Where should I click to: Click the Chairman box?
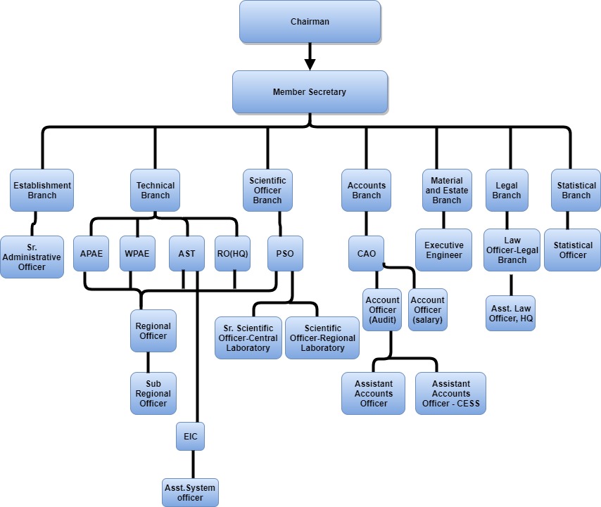[310, 21]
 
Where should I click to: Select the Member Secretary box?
[310, 92]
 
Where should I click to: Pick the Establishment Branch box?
[42, 191]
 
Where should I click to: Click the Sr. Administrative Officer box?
[32, 257]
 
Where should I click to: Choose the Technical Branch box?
[155, 191]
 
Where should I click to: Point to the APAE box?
[91, 254]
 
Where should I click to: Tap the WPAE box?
[137, 254]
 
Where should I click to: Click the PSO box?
[286, 254]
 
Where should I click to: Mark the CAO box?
[366, 254]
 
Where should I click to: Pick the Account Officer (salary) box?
[428, 309]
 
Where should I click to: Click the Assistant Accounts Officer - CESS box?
[450, 393]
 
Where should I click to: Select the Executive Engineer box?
[444, 250]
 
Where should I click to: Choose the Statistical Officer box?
[573, 250]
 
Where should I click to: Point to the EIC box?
[191, 437]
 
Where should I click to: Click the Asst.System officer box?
[190, 492]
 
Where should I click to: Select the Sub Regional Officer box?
[153, 393]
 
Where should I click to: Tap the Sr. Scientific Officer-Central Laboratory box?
[248, 338]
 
